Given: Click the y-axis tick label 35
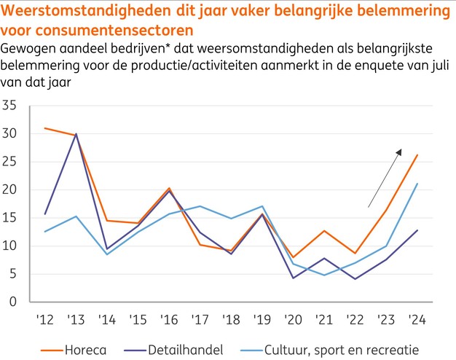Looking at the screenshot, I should [x=9, y=106].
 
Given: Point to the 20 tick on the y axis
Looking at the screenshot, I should [x=9, y=189].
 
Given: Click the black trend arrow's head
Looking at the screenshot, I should [x=400, y=150].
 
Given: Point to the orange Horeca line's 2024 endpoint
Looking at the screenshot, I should [x=417, y=154].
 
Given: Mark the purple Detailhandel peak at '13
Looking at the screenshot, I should [x=75, y=134].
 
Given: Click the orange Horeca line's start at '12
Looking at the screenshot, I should [x=44, y=128].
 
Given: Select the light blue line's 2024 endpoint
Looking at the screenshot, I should [x=417, y=184].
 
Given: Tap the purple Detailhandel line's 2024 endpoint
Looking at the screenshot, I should [x=417, y=230].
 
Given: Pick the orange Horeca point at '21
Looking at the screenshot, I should [x=324, y=231].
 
